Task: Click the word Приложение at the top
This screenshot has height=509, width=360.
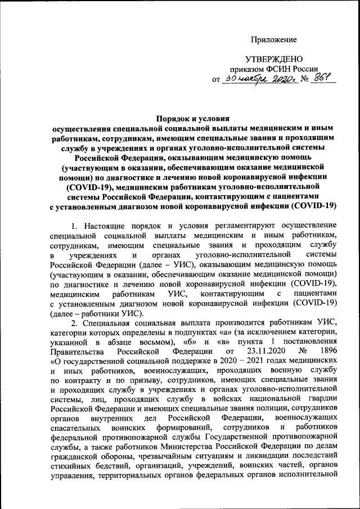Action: click(x=273, y=39)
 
